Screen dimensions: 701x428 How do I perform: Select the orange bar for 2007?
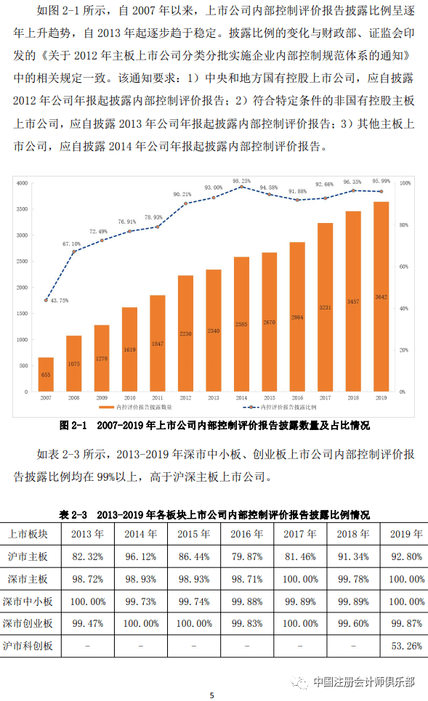(46, 374)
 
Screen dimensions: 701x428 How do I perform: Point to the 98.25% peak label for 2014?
(242, 181)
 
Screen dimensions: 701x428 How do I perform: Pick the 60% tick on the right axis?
(405, 267)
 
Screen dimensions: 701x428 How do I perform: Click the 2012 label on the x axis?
(185, 398)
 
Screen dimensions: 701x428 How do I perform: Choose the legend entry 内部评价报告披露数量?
(156, 408)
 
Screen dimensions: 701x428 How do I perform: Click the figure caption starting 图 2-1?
(214, 424)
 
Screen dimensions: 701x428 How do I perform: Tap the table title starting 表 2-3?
(214, 514)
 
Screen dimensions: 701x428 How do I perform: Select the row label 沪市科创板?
(28, 646)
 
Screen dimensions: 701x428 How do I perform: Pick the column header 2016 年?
(247, 534)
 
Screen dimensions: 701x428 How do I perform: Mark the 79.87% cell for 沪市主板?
(247, 556)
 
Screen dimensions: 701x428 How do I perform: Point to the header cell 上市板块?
(28, 534)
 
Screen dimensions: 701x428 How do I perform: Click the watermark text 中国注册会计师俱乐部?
(363, 681)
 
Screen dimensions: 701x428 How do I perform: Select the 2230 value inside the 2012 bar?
(185, 333)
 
